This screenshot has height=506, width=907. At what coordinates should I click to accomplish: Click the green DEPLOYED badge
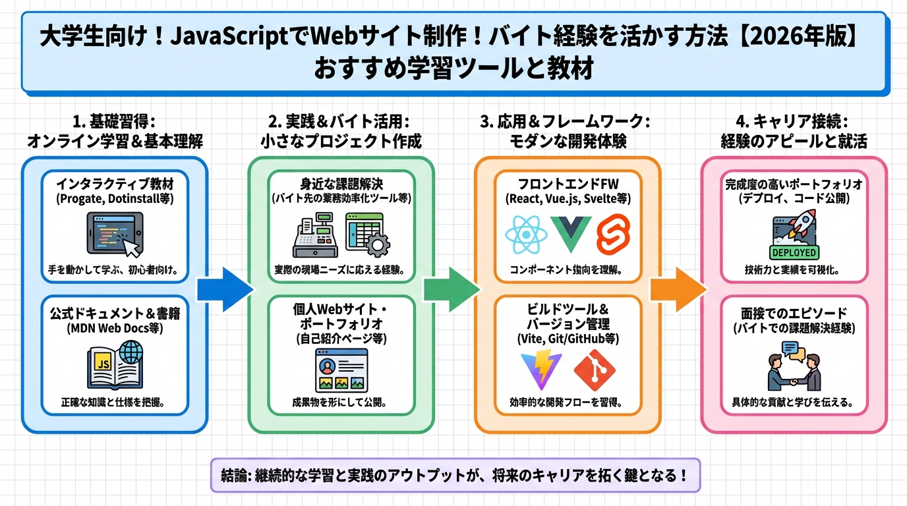pos(794,252)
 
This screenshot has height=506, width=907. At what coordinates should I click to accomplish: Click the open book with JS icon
pos(115,366)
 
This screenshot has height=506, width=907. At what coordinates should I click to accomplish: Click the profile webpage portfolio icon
pos(341,370)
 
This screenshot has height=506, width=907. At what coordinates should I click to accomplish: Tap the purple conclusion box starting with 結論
pos(455,475)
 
